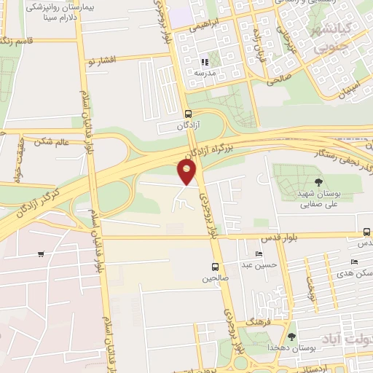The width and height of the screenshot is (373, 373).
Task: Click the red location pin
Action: tap(187, 172)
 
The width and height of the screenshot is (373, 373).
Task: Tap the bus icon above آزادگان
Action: tap(188, 114)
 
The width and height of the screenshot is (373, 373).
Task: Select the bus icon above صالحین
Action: tap(215, 267)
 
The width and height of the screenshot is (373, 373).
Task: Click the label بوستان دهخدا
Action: tap(291, 348)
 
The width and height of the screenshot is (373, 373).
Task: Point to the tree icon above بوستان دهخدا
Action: tap(291, 337)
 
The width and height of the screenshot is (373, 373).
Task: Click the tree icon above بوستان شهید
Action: tap(318, 182)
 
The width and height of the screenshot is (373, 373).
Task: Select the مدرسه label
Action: tap(203, 74)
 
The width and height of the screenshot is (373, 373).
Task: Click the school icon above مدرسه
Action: tap(205, 63)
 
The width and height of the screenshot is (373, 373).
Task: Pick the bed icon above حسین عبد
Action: tap(259, 254)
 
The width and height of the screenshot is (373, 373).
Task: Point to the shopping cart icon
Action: tap(41, 254)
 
